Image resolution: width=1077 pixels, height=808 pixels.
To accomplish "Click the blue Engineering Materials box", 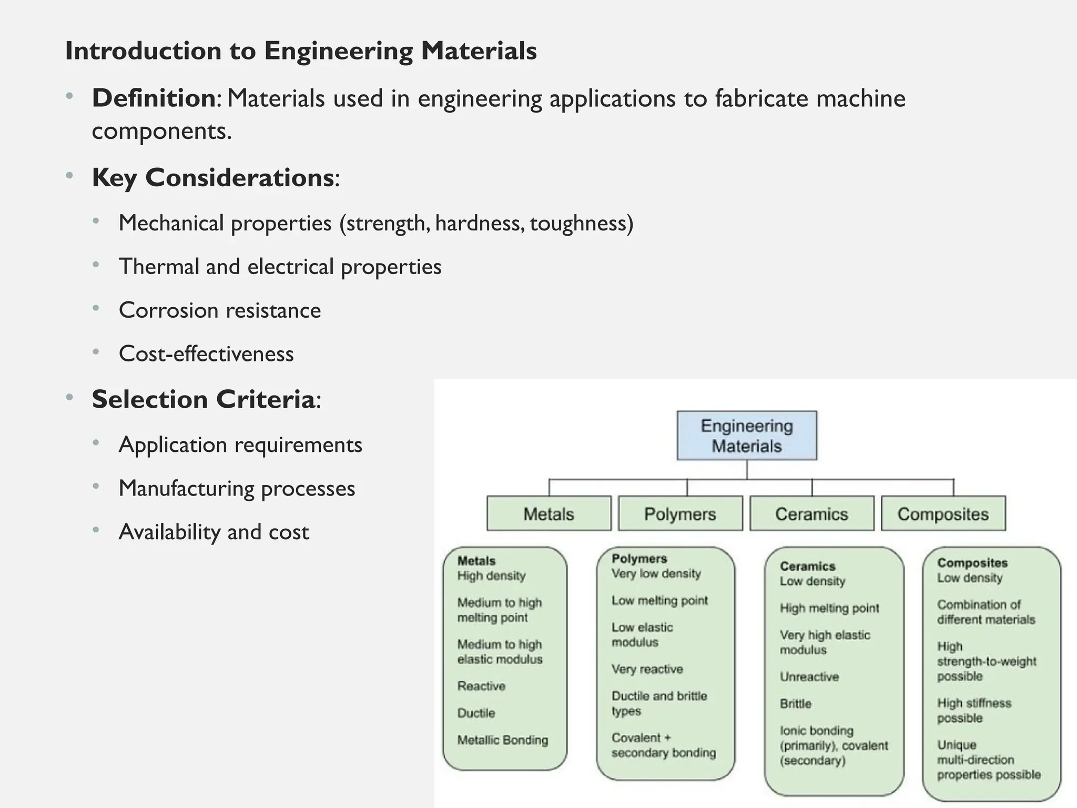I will click(746, 436).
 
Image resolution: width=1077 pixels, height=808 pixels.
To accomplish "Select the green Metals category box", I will click(548, 513).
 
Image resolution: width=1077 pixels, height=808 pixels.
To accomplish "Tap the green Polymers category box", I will click(680, 513).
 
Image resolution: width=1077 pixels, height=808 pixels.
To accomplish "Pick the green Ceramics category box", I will click(811, 513).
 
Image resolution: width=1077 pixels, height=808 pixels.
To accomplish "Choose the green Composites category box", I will click(943, 513).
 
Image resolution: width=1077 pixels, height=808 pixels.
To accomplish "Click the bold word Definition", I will click(154, 98).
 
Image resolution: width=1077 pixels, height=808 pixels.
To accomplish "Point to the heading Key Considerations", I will click(213, 178).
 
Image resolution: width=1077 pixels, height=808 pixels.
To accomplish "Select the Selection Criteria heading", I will click(204, 399).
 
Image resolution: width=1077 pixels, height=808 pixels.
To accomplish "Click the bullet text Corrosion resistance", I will click(220, 310).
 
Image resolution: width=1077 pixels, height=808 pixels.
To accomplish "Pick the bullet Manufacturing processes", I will click(237, 489).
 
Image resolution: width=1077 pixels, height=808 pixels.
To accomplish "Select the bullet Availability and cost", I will click(214, 532).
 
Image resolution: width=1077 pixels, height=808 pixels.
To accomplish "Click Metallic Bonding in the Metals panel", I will click(502, 740).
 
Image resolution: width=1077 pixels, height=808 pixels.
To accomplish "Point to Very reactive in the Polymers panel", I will click(647, 669).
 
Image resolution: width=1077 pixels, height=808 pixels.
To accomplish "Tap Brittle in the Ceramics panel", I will click(795, 704).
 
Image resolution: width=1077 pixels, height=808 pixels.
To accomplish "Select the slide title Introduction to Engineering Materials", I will click(301, 51).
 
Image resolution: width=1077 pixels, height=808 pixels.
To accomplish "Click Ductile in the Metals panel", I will click(476, 713).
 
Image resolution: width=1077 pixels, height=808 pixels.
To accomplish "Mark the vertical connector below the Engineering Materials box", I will click(747, 469).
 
